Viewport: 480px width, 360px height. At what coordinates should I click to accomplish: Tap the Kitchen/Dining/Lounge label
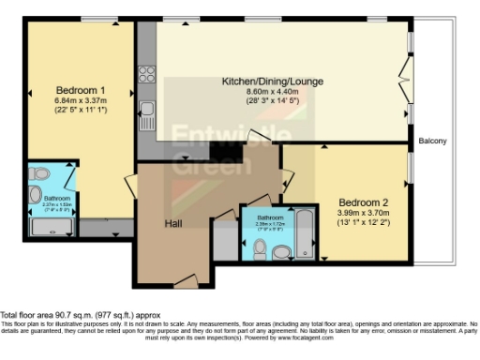click(272, 82)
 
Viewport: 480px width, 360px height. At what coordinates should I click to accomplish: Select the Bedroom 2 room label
click(361, 202)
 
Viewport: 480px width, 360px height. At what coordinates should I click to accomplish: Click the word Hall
click(173, 224)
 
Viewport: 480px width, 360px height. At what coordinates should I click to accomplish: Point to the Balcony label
click(432, 142)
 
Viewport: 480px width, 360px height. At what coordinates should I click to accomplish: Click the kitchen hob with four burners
click(146, 70)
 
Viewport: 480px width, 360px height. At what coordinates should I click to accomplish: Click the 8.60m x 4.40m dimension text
click(272, 92)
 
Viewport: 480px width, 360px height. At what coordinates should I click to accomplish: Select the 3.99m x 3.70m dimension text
click(361, 213)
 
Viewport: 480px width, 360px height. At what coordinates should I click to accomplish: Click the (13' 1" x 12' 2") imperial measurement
click(361, 223)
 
